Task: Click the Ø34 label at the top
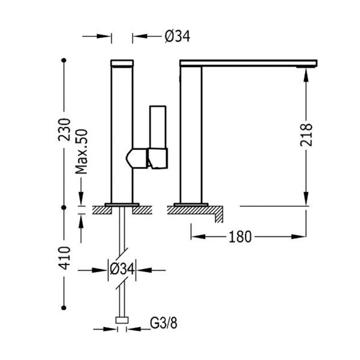click(x=177, y=37)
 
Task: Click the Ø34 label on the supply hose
click(x=122, y=270)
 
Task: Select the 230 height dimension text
click(x=64, y=129)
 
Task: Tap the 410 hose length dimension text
click(x=64, y=258)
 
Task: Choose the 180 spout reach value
click(x=240, y=237)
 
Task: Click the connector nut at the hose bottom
click(x=122, y=320)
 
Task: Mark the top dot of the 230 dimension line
click(x=64, y=60)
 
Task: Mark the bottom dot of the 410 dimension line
click(x=64, y=308)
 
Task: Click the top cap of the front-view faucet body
click(x=122, y=63)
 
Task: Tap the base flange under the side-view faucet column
click(x=190, y=204)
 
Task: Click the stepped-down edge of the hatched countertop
click(x=219, y=216)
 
